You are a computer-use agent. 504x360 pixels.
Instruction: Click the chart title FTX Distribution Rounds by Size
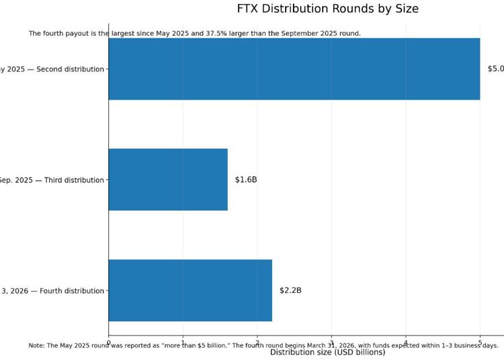327,9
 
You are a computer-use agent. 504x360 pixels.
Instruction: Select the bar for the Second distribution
294,69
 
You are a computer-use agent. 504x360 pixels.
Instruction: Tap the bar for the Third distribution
168,179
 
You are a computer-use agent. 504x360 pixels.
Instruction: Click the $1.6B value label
246,180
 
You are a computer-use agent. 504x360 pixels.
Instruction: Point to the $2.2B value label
290,291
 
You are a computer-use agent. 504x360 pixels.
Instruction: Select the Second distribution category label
54,69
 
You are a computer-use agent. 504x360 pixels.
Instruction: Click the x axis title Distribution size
327,353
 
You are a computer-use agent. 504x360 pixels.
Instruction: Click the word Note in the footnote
36,345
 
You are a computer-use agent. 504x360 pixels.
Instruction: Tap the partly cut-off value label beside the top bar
495,69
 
